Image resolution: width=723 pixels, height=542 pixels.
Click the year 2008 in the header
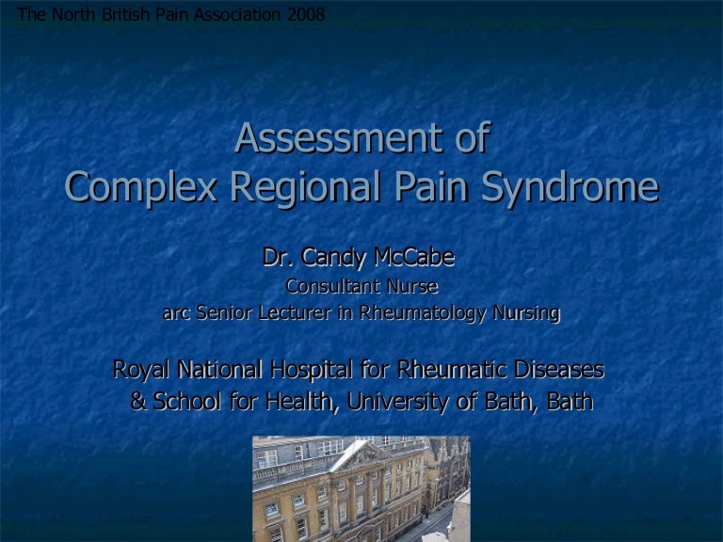click(306, 14)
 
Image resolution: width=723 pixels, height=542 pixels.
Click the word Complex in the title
click(141, 187)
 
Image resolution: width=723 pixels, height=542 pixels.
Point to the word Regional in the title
click(306, 187)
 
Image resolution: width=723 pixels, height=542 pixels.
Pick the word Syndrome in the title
click(570, 187)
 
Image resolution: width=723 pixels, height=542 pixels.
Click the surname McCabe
click(414, 257)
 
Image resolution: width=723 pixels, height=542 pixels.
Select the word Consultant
click(332, 286)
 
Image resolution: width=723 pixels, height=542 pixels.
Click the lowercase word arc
click(176, 313)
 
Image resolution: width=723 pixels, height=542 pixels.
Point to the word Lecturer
click(295, 312)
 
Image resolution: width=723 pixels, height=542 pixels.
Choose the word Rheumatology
click(422, 313)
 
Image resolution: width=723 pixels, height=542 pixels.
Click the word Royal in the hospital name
click(141, 370)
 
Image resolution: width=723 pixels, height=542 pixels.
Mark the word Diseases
click(559, 369)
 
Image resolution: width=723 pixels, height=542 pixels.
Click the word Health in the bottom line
click(299, 402)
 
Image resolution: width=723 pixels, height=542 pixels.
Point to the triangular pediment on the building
click(358, 455)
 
